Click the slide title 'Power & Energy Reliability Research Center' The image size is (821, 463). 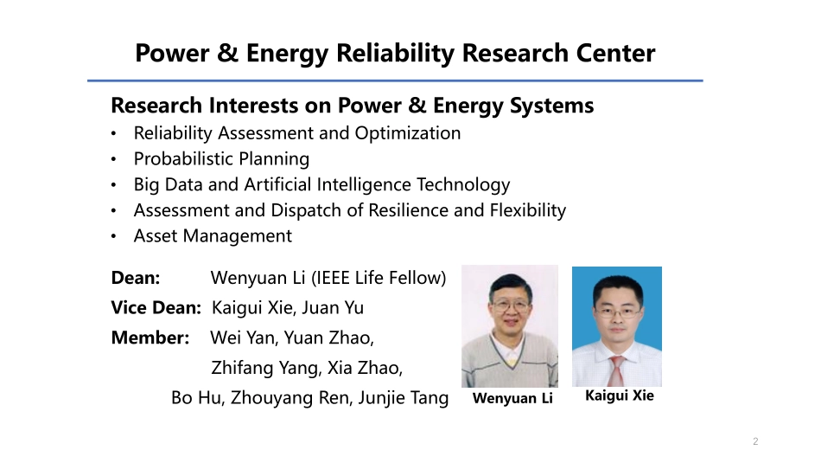coord(395,54)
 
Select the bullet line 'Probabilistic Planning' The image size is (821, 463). coord(221,159)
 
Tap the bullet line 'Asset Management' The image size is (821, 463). coord(213,236)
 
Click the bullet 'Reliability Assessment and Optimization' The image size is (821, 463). coord(296,133)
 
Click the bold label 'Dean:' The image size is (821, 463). coord(136,279)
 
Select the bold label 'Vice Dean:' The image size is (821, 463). coord(156,308)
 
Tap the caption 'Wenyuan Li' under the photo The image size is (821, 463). coord(512,399)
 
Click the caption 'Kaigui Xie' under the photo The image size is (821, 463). coord(620,396)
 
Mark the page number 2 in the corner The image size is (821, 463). coord(755,442)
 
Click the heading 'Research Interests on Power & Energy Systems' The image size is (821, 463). coord(353,106)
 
